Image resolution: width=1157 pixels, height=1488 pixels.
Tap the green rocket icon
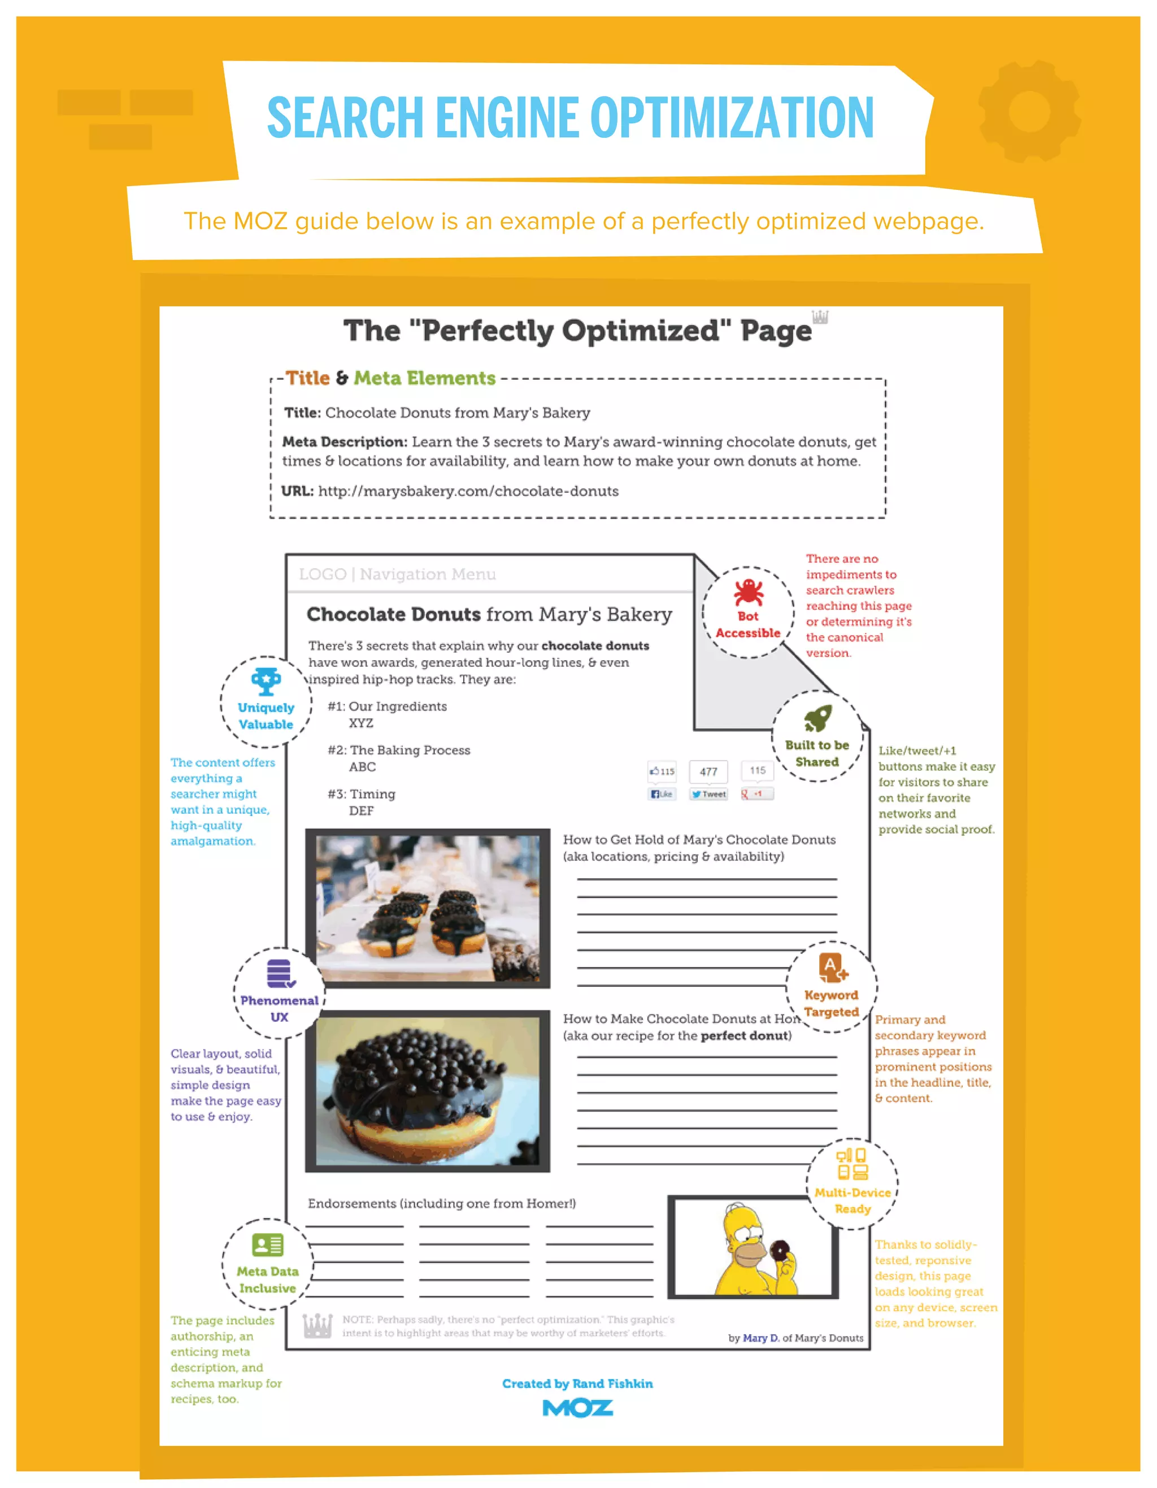(817, 718)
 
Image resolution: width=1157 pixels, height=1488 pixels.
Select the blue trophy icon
(266, 680)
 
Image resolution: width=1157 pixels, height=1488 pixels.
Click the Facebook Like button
(661, 794)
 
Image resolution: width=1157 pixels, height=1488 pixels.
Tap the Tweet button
(708, 794)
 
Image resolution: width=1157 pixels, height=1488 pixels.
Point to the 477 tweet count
(708, 771)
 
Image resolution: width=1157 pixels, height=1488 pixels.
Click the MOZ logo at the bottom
(577, 1408)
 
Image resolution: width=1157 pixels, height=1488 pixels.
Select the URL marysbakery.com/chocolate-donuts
(468, 491)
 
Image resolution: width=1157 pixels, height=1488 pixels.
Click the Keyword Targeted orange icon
(832, 968)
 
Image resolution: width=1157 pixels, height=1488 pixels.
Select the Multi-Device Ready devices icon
(852, 1164)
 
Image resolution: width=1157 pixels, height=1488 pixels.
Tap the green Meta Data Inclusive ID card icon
(268, 1245)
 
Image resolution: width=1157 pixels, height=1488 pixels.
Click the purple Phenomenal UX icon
(279, 974)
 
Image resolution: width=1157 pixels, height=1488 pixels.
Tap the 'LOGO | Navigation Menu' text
(397, 574)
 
